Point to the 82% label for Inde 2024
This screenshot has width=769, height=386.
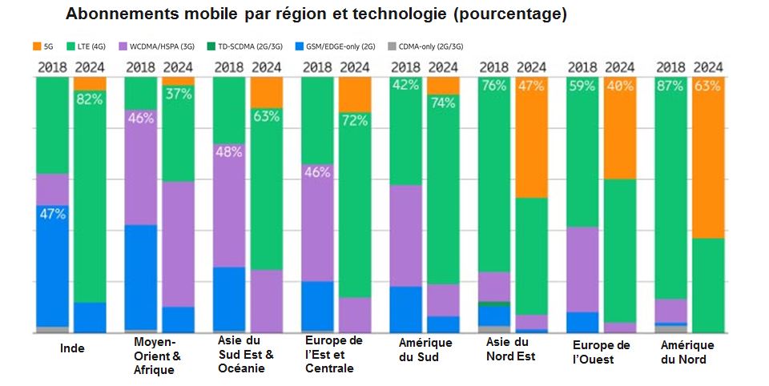pos(90,99)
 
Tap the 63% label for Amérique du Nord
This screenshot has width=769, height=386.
pos(707,86)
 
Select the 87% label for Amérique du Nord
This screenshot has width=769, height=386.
pos(670,86)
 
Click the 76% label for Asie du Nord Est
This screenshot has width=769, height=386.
pos(493,86)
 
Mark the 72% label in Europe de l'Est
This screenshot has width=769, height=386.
pos(354,120)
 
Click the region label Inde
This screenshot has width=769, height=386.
pos(73,348)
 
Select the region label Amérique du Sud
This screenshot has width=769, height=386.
pos(425,350)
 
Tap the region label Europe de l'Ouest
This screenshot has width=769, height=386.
pos(601,352)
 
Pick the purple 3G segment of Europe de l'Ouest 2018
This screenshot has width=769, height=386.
pos(582,268)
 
